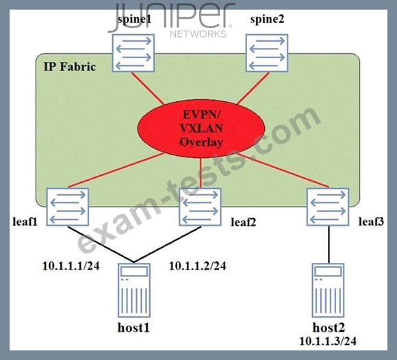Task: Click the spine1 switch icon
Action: click(133, 53)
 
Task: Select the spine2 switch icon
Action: click(267, 53)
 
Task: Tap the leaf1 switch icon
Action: click(68, 207)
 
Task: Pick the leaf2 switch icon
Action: click(200, 207)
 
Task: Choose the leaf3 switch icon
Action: click(328, 207)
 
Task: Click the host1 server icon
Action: click(134, 290)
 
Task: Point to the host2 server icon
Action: click(328, 290)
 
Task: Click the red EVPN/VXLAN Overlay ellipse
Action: click(201, 129)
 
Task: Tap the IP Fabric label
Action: click(70, 67)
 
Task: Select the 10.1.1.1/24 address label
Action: click(71, 266)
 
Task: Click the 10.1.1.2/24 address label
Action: click(198, 266)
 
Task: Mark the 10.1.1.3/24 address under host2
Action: click(328, 341)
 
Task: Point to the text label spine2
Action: click(267, 19)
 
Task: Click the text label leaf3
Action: click(371, 222)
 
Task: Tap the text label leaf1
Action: click(25, 222)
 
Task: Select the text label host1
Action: click(133, 328)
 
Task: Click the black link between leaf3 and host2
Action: click(329, 244)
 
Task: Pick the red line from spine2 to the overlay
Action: click(253, 88)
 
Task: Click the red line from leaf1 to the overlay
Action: click(116, 170)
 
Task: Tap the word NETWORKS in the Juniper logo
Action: click(198, 34)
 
